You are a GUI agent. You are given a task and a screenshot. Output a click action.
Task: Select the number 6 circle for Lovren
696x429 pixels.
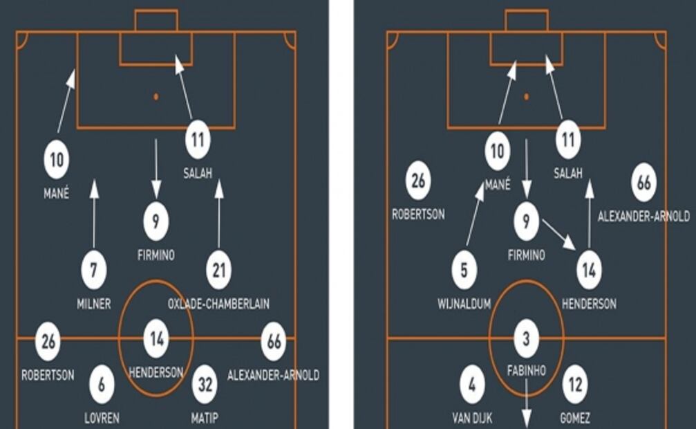tap(102, 385)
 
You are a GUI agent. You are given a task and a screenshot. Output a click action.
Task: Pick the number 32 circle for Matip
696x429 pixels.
tap(205, 385)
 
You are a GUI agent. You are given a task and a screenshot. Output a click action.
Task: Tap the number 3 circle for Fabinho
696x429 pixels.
tap(526, 340)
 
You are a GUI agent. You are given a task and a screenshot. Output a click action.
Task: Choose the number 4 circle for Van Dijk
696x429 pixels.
tap(472, 385)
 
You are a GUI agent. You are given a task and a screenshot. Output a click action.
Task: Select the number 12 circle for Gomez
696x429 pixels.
tap(575, 385)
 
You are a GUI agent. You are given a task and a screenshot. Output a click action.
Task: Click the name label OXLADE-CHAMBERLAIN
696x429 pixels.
tap(218, 304)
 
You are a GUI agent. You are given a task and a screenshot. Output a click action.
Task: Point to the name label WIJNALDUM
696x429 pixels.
tap(464, 304)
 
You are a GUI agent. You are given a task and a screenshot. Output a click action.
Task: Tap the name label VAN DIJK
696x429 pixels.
tap(472, 418)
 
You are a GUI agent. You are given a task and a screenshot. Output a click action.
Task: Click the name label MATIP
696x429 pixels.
tap(205, 418)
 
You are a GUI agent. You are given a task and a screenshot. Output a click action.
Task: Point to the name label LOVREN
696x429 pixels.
tap(102, 418)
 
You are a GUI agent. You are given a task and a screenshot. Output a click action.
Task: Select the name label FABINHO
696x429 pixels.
tap(526, 371)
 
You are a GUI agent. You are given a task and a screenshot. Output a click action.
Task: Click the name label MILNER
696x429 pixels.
tap(94, 304)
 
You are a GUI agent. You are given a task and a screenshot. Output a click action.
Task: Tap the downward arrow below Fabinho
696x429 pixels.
tap(526, 404)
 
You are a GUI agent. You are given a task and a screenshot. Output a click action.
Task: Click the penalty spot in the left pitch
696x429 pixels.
tap(156, 96)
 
